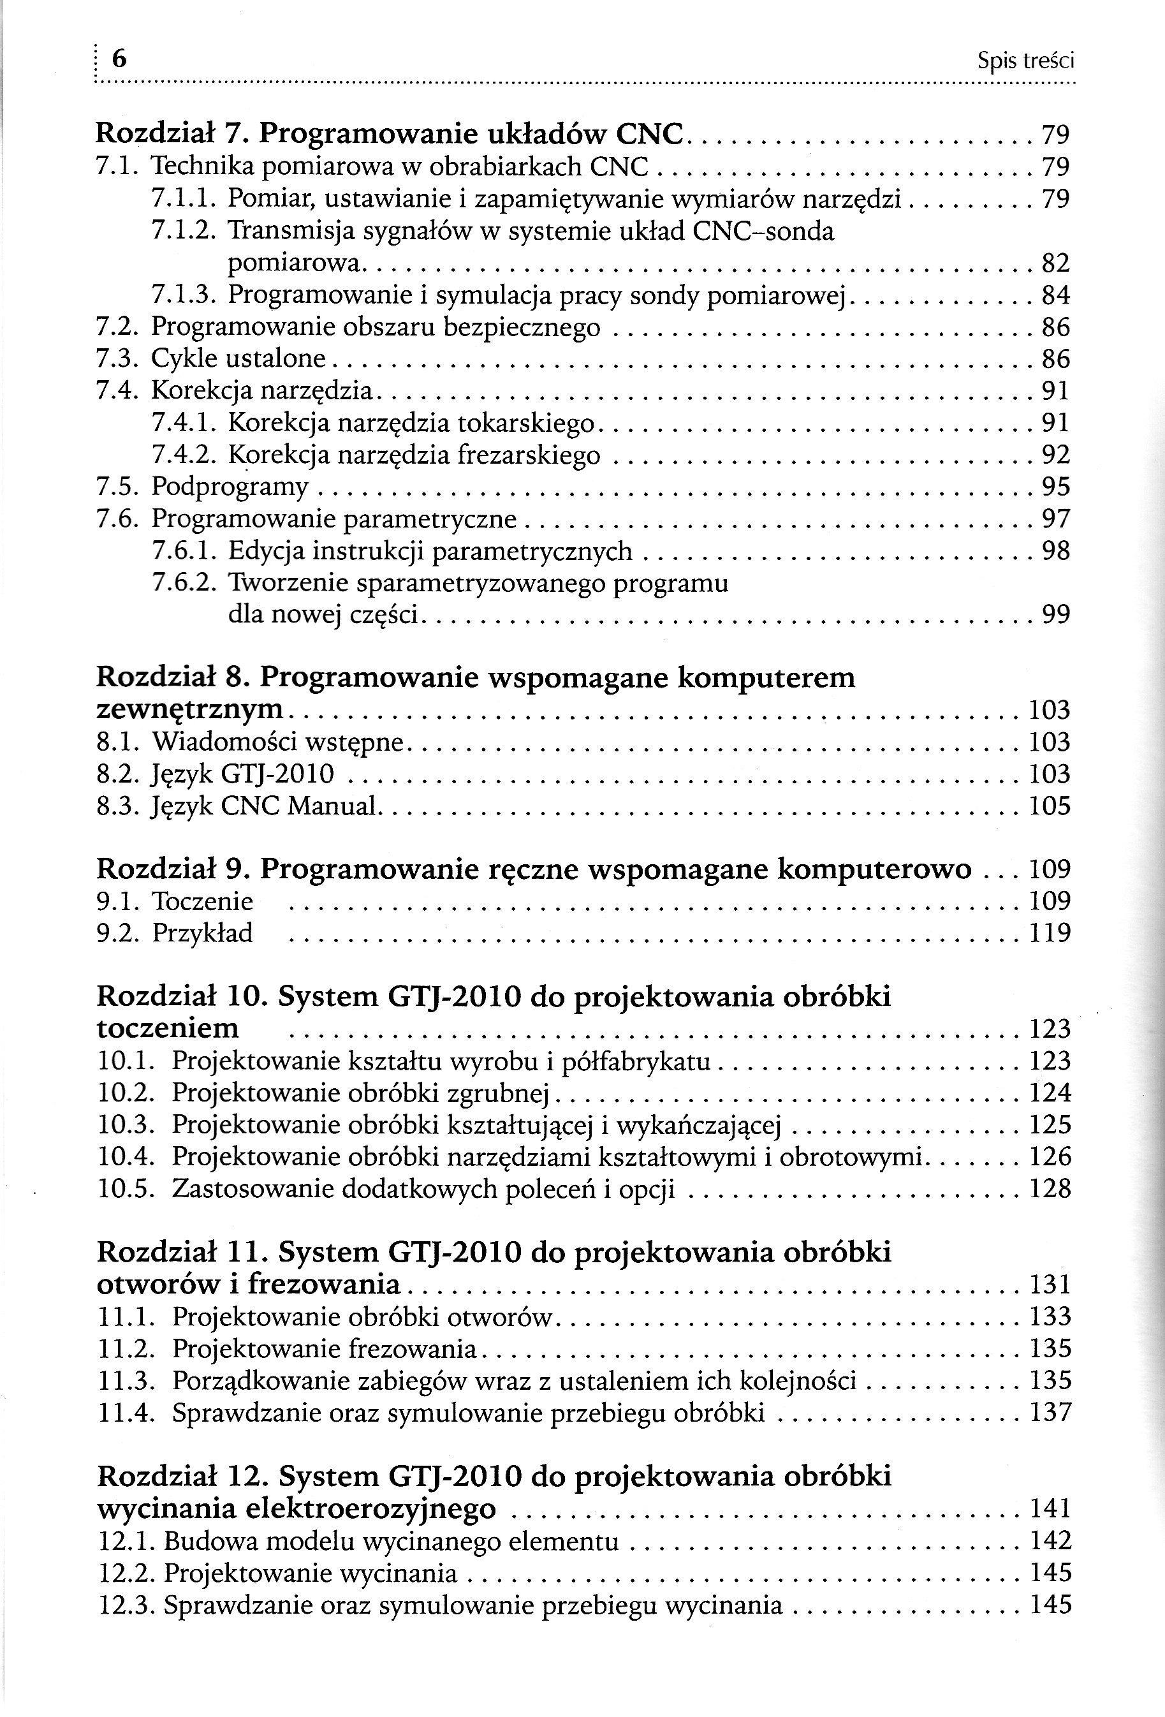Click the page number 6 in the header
click(118, 59)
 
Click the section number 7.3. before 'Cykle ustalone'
click(119, 359)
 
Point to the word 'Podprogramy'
click(230, 487)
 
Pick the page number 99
click(1055, 615)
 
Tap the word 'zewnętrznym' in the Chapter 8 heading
click(191, 709)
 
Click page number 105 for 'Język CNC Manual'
click(1050, 806)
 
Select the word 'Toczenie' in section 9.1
click(202, 901)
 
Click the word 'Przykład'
click(202, 933)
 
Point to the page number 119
click(1050, 933)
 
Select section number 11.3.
click(126, 1381)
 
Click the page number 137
click(1050, 1413)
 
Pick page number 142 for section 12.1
click(1050, 1540)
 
